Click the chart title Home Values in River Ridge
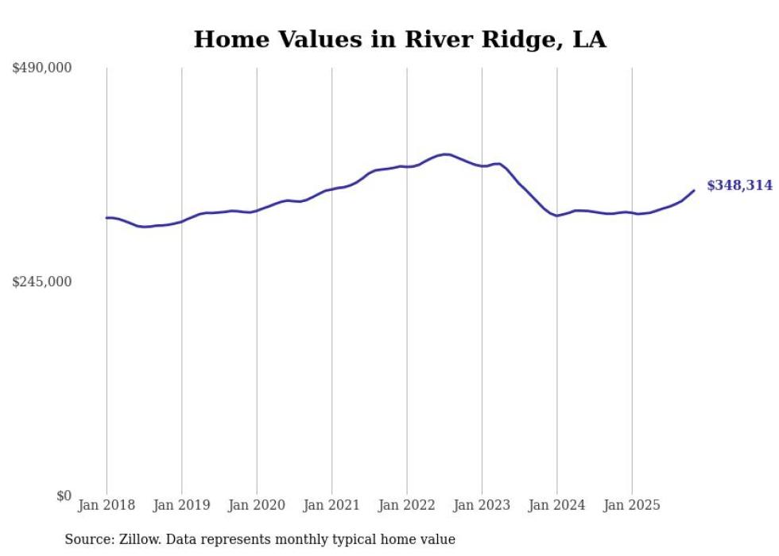click(x=400, y=40)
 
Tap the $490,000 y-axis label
click(x=42, y=68)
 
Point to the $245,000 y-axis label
click(x=42, y=282)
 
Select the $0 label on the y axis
click(x=64, y=496)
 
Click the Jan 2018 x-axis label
click(x=107, y=505)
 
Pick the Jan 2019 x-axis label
click(x=182, y=505)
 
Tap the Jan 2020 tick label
click(x=257, y=505)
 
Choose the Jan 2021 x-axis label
click(x=332, y=505)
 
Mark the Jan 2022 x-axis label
click(x=407, y=505)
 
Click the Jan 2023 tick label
click(x=482, y=505)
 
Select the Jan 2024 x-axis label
click(x=557, y=505)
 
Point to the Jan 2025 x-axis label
click(x=632, y=505)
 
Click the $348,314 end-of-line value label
click(x=739, y=185)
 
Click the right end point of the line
click(x=694, y=190)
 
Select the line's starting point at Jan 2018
click(x=107, y=217)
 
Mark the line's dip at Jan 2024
click(x=557, y=216)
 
